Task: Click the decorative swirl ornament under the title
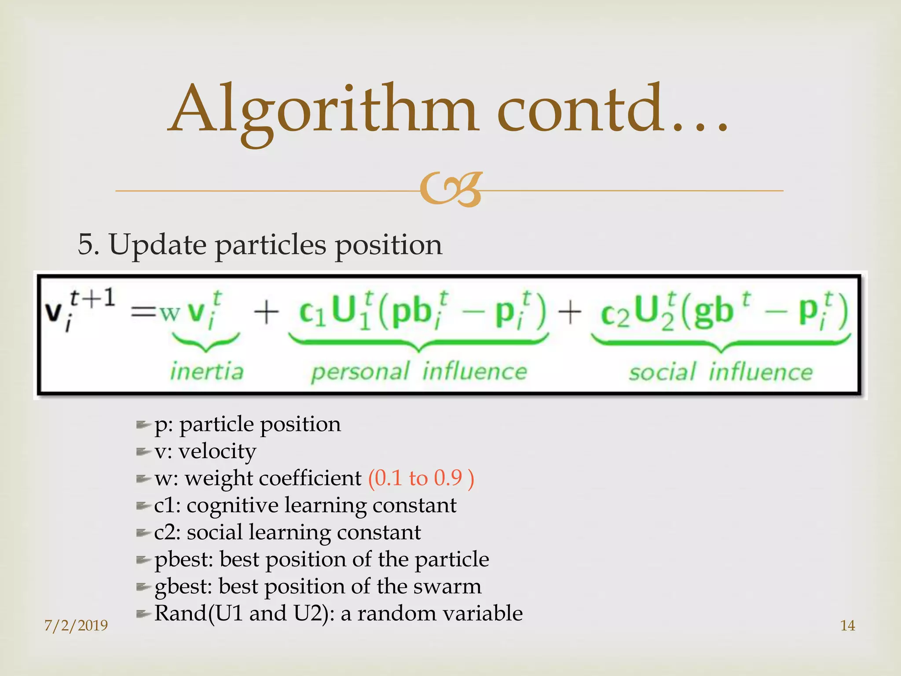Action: tap(450, 190)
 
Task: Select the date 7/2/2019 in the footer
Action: tap(76, 625)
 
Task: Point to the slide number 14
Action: tap(847, 625)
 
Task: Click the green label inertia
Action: tap(207, 371)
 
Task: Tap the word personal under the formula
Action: tap(360, 372)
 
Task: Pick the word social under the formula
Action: tap(663, 372)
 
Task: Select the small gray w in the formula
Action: tap(170, 312)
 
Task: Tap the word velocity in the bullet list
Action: tap(217, 452)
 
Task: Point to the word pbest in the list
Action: tap(184, 560)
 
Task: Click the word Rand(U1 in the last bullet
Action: tap(198, 613)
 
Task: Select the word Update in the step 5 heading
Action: tap(157, 245)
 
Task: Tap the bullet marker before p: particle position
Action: tap(143, 425)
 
